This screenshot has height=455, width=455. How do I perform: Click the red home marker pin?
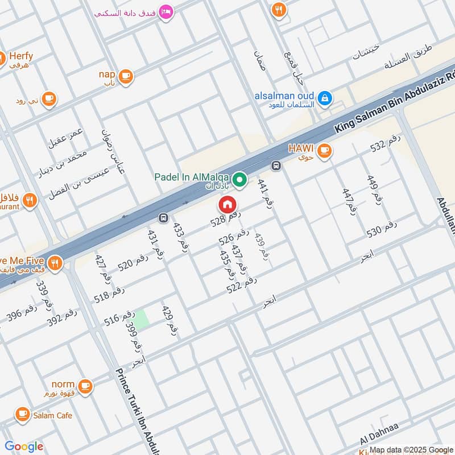pyautogui.click(x=227, y=204)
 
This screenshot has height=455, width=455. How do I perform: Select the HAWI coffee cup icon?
pyautogui.click(x=324, y=151)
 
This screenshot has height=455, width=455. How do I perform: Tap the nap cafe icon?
pyautogui.click(x=125, y=76)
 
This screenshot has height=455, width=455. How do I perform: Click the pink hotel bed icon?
pyautogui.click(x=166, y=11)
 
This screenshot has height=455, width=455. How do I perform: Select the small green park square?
pyautogui.click(x=142, y=319)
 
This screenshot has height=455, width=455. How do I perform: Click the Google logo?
pyautogui.click(x=24, y=446)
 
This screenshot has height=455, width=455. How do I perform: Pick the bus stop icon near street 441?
pyautogui.click(x=276, y=166)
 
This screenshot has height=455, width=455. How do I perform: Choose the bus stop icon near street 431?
pyautogui.click(x=163, y=218)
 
